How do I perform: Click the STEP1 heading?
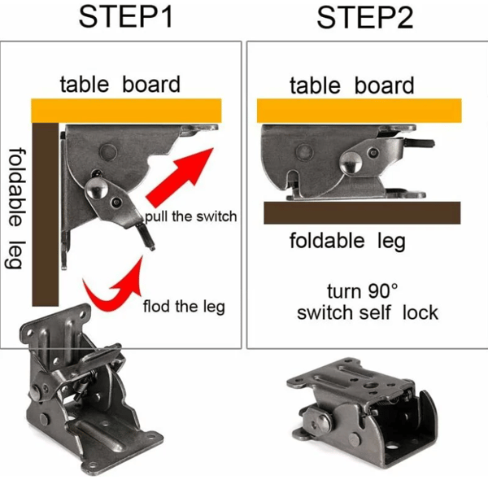tap(126, 17)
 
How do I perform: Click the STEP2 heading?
tap(364, 18)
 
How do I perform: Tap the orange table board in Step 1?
tap(126, 111)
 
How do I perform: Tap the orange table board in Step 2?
tap(359, 111)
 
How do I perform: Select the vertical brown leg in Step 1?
tap(46, 215)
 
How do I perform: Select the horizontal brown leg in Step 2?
tap(362, 212)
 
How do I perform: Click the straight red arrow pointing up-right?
tap(180, 177)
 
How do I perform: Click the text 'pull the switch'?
tap(191, 216)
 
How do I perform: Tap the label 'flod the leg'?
tap(184, 307)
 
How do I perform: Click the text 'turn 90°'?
tap(363, 291)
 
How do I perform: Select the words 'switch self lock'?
tap(368, 313)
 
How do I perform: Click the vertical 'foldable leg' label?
tap(15, 208)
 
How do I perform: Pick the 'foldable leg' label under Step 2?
tap(347, 242)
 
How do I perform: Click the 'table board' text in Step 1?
tap(120, 84)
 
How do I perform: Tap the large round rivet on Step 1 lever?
tap(97, 188)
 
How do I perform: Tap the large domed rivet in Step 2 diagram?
tap(351, 163)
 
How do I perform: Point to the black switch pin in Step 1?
tap(147, 237)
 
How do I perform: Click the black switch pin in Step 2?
tap(420, 143)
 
